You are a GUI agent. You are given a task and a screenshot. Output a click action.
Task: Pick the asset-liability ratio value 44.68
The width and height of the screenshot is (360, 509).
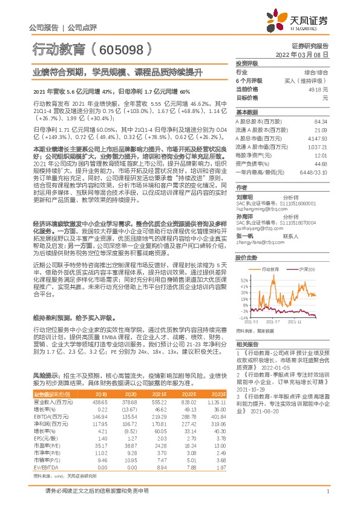tap(321, 163)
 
